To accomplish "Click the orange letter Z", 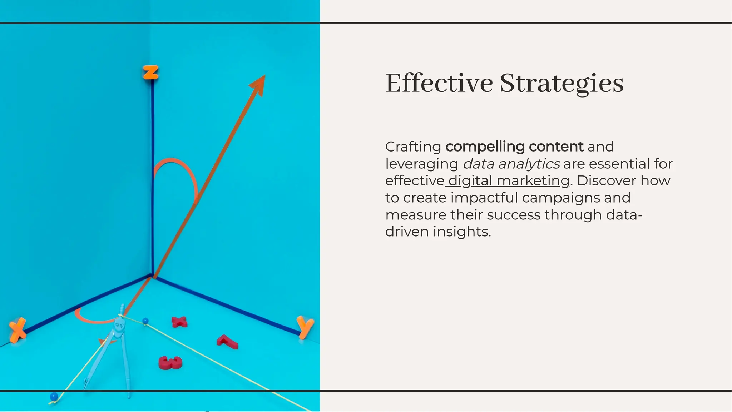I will click(150, 73).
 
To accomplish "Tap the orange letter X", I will click(17, 330).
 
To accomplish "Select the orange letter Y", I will click(305, 326).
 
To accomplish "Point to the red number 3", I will click(170, 363).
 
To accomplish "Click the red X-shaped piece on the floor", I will click(179, 322).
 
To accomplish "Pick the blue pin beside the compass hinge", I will click(145, 321).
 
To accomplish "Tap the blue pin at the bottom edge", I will click(54, 397).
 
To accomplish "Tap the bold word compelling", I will click(485, 147).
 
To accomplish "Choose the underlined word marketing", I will click(533, 181).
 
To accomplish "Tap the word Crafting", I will click(413, 147).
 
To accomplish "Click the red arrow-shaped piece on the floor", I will click(227, 342).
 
